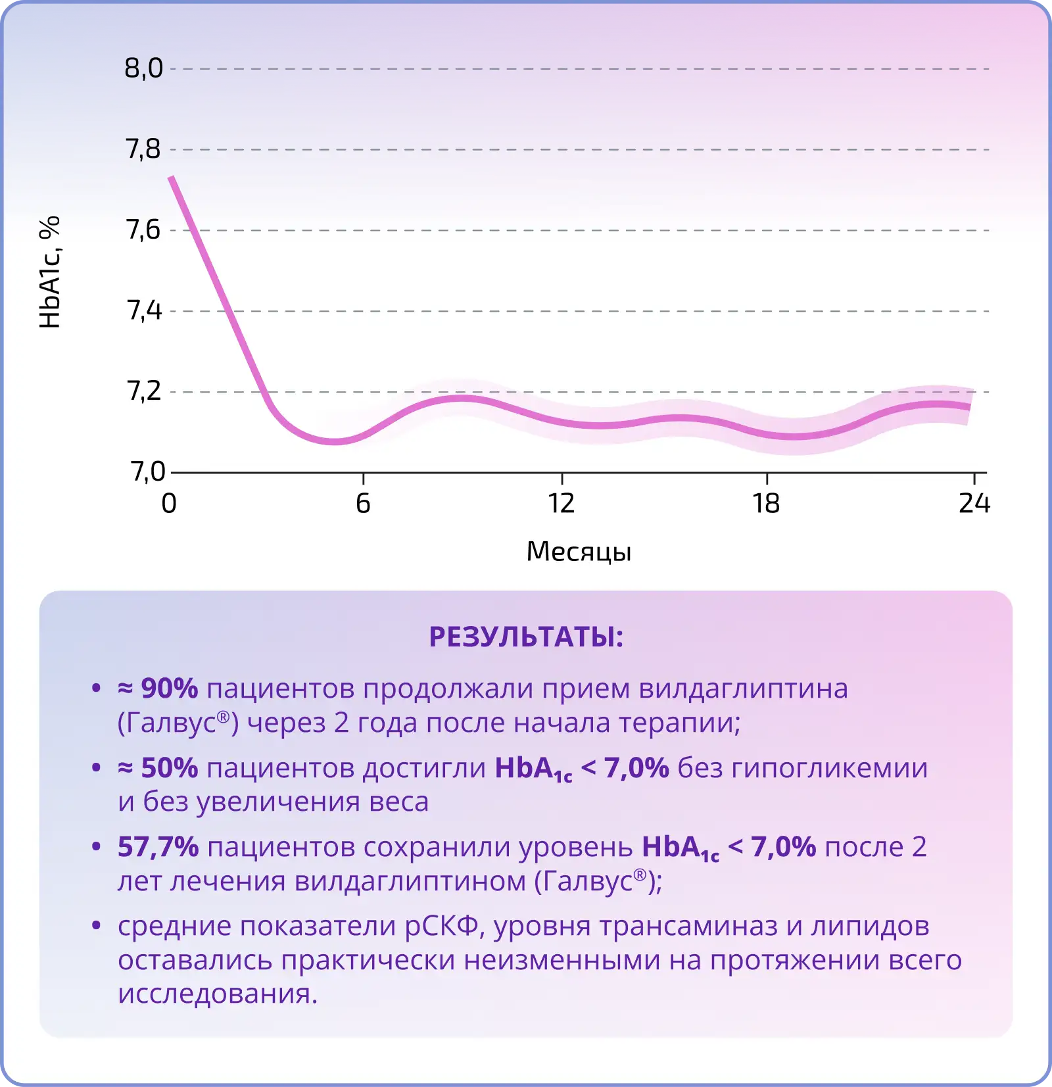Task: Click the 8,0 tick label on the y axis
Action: (143, 68)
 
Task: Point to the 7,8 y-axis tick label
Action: (143, 149)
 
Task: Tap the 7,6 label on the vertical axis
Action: (143, 230)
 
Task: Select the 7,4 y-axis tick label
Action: (144, 310)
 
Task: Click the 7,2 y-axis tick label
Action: (143, 391)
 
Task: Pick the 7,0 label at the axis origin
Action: (147, 471)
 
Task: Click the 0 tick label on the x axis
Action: (169, 504)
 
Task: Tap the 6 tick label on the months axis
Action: (363, 504)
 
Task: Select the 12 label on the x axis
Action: (562, 504)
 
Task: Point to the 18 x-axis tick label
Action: (766, 504)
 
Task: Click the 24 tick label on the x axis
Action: (974, 504)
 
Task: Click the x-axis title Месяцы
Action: (579, 552)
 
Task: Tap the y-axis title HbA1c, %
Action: (50, 272)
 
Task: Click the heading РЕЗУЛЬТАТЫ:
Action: (526, 637)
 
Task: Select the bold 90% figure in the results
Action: (169, 688)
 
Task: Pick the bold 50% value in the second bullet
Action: (169, 768)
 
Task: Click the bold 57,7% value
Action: (158, 847)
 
